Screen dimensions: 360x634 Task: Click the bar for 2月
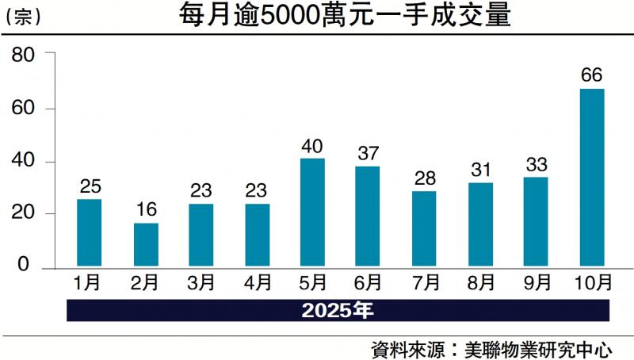pyautogui.click(x=146, y=244)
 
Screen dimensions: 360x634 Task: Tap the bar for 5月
pyautogui.click(x=313, y=212)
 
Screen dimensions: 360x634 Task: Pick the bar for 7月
pyautogui.click(x=424, y=228)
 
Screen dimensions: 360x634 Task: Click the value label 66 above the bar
pyautogui.click(x=591, y=76)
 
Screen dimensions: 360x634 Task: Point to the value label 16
pyautogui.click(x=146, y=210)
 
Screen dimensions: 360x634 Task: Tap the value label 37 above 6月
pyautogui.click(x=369, y=154)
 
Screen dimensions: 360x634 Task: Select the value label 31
pyautogui.click(x=480, y=170)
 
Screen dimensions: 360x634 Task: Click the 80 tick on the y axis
pyautogui.click(x=21, y=56)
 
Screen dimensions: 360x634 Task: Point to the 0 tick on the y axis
pyautogui.click(x=24, y=266)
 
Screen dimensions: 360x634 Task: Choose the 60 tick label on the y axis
pyautogui.click(x=21, y=109)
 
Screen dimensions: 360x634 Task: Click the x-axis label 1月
pyautogui.click(x=90, y=282)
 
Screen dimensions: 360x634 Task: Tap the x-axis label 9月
pyautogui.click(x=536, y=282)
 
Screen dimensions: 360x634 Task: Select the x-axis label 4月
pyautogui.click(x=257, y=282)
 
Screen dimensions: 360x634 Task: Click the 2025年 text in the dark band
pyautogui.click(x=337, y=309)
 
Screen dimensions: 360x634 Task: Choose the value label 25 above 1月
pyautogui.click(x=90, y=187)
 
